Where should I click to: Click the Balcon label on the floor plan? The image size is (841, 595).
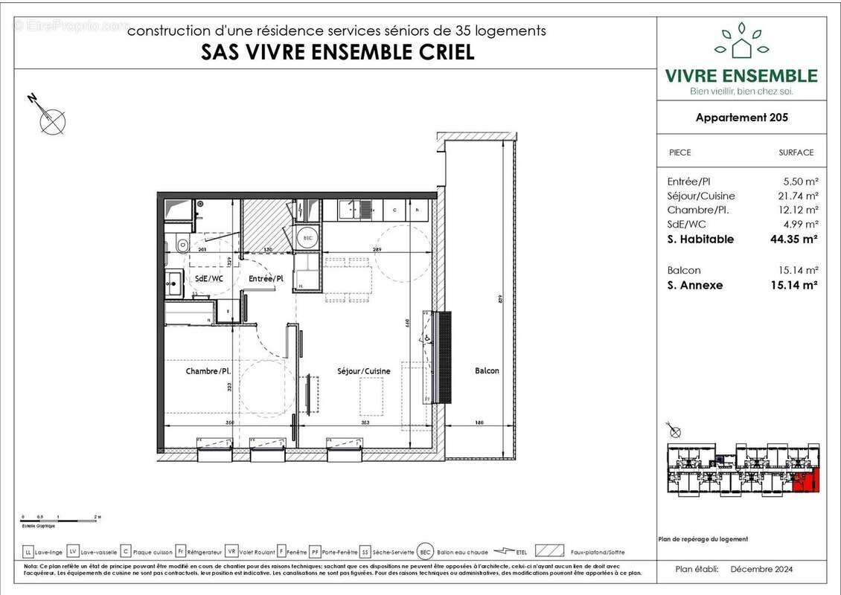[x=487, y=370]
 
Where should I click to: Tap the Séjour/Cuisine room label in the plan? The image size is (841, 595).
[x=363, y=370]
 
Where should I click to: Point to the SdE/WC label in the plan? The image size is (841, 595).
[x=209, y=278]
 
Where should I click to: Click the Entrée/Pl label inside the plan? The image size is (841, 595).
[x=266, y=278]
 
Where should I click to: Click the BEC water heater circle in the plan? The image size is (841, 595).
[x=307, y=238]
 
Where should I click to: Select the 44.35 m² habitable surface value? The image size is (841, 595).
[x=794, y=239]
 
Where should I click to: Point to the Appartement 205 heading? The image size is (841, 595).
[x=741, y=117]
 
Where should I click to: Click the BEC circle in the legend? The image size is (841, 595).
[x=426, y=551]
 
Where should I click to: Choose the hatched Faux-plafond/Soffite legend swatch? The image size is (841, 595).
[x=548, y=551]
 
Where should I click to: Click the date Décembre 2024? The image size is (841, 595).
[x=761, y=569]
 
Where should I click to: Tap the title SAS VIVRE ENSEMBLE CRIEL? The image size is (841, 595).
[x=338, y=53]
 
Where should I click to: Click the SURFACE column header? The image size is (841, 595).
[x=796, y=152]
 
